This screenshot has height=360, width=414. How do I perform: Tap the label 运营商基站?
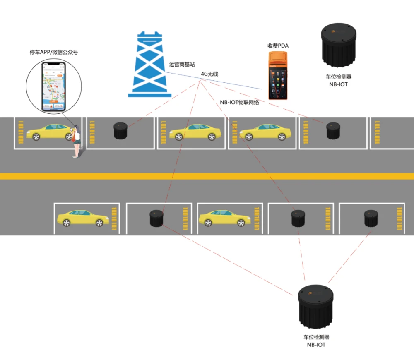click(182, 65)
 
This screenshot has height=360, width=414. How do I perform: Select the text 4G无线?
click(209, 74)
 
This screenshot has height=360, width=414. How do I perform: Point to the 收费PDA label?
click(277, 46)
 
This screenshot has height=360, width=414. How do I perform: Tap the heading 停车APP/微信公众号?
click(54, 53)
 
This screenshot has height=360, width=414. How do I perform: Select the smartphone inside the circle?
click(54, 87)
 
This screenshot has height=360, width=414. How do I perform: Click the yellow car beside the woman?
click(49, 132)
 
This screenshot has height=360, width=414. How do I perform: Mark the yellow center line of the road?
click(207, 176)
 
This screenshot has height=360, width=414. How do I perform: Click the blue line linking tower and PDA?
click(232, 83)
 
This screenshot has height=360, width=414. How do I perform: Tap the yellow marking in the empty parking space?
click(377, 132)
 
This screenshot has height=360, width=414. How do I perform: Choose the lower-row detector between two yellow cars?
click(156, 218)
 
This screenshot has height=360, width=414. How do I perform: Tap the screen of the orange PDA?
click(277, 81)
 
